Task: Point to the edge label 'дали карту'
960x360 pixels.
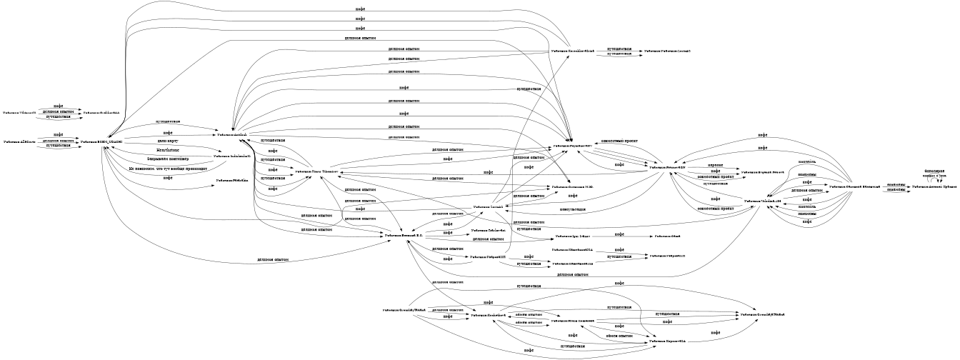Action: click(x=168, y=142)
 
